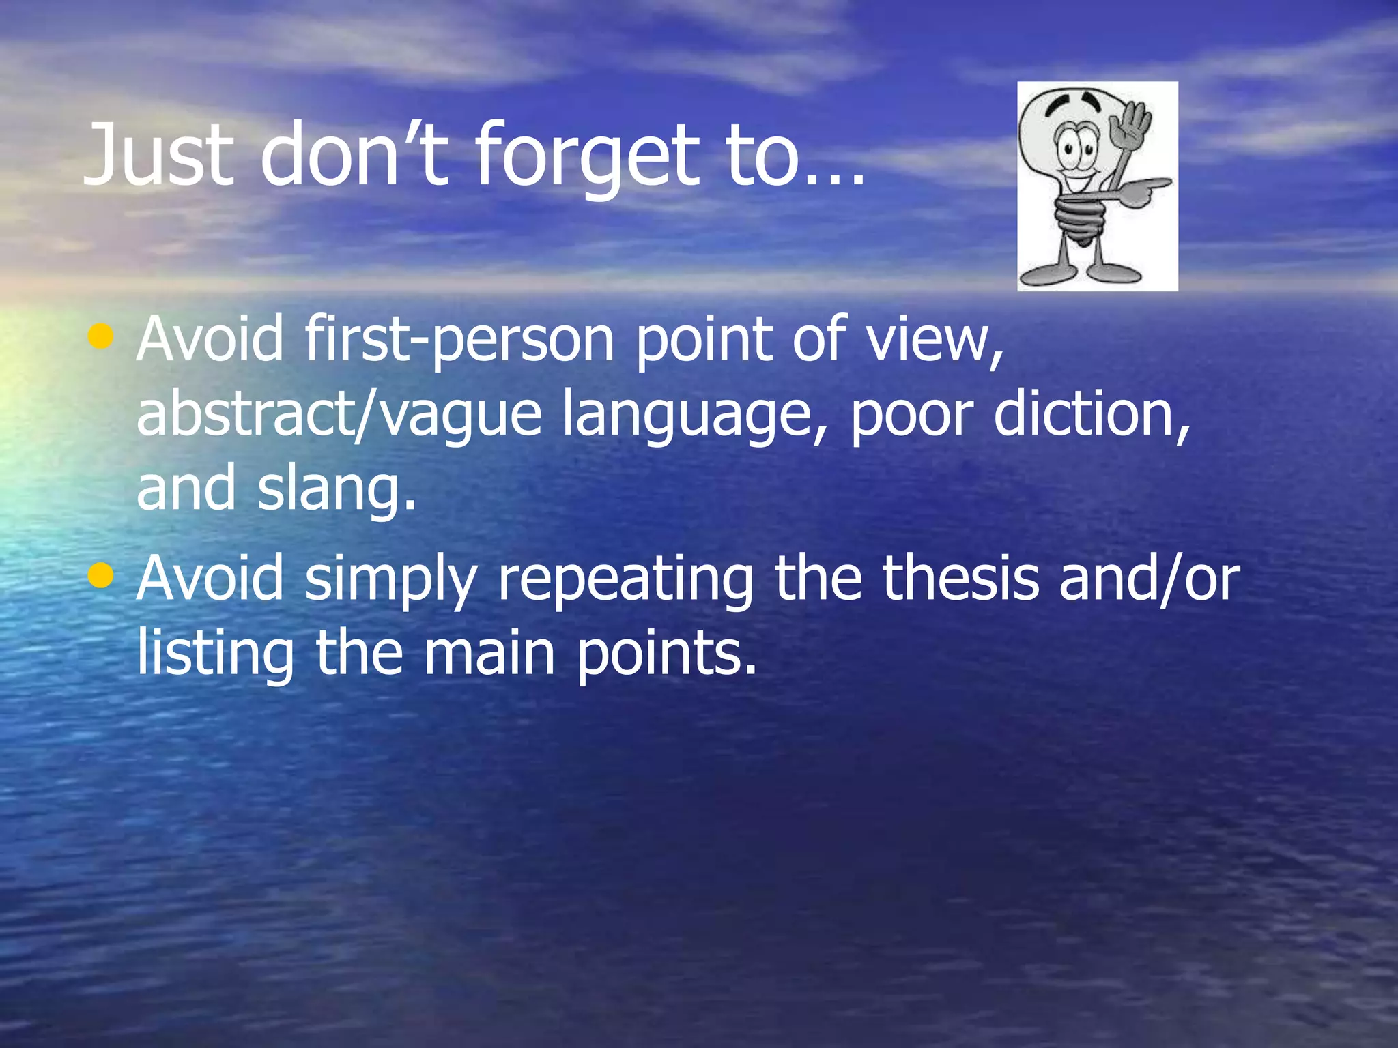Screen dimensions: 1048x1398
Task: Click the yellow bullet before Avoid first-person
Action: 101,336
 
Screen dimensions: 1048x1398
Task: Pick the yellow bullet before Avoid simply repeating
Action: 101,575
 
